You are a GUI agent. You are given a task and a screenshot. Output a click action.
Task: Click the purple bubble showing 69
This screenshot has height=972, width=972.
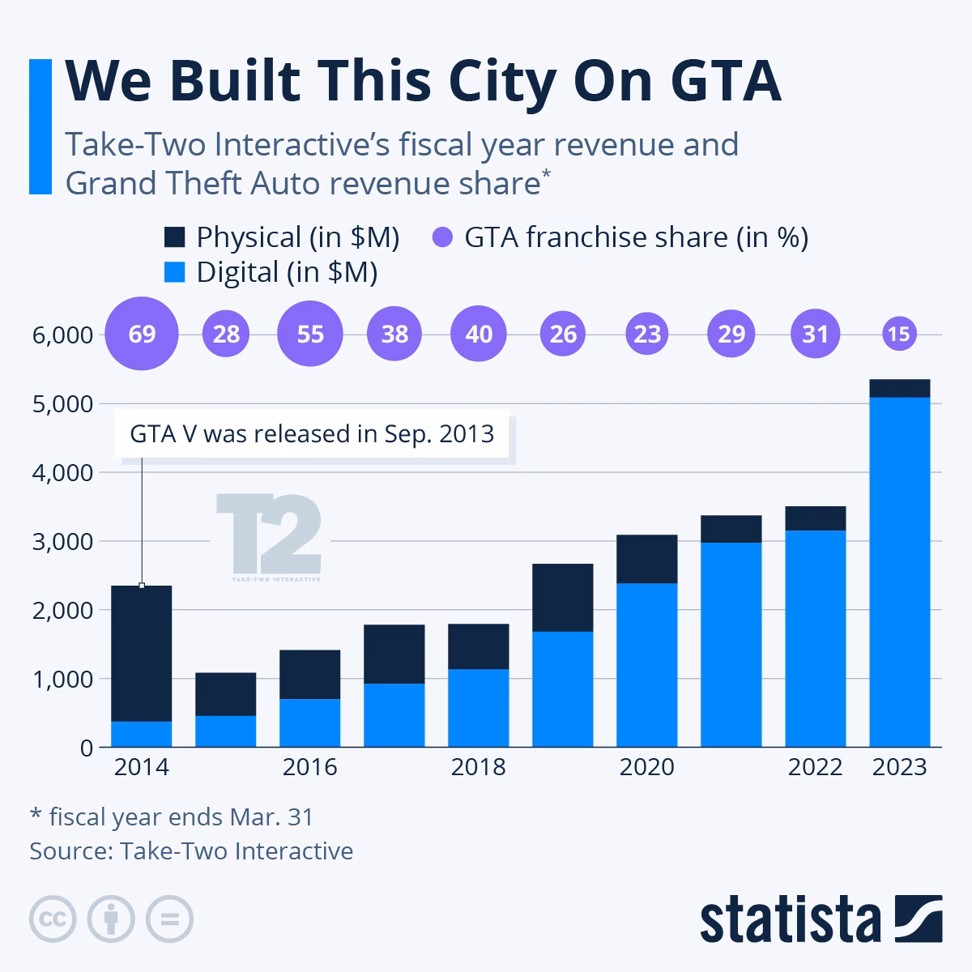point(142,334)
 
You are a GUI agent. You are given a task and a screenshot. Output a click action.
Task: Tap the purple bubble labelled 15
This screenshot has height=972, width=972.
point(899,334)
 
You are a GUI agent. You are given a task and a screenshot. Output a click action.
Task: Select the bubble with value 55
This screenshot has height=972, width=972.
point(310,334)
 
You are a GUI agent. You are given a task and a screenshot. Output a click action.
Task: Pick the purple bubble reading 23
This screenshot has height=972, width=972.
point(647,334)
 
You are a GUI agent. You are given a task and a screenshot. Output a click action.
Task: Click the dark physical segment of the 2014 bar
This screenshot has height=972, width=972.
point(142,653)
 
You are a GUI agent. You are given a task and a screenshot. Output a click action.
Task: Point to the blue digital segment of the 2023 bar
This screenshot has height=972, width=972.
point(900,572)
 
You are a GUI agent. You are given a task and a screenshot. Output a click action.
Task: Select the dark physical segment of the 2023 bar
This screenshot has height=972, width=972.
point(900,389)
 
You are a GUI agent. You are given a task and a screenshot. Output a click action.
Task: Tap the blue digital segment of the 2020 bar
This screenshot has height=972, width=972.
point(647,665)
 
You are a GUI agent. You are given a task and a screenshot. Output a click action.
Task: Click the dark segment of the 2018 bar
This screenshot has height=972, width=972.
point(479,646)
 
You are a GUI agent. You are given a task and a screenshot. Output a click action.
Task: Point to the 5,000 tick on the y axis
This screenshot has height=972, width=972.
point(62,404)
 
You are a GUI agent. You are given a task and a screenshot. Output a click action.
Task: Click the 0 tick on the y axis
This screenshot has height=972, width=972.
point(87,748)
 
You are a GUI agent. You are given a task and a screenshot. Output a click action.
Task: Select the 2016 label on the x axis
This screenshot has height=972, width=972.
point(309,767)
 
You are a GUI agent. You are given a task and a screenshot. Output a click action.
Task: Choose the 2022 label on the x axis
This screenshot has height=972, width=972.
point(815,767)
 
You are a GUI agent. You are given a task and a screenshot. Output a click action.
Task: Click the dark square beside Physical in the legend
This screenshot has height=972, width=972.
point(174,237)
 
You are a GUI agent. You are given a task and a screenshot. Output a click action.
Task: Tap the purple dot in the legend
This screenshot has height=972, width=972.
point(442,237)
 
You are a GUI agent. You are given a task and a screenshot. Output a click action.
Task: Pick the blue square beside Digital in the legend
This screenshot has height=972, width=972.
point(174,272)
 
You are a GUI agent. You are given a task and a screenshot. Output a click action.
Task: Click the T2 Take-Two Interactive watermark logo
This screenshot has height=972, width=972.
point(270,537)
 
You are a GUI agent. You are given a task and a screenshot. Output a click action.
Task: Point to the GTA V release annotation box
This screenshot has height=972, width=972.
point(312,434)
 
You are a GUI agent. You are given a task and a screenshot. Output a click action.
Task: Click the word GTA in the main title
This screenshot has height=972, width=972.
point(726,81)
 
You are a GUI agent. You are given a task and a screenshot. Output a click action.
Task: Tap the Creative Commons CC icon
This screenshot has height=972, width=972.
point(53,919)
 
